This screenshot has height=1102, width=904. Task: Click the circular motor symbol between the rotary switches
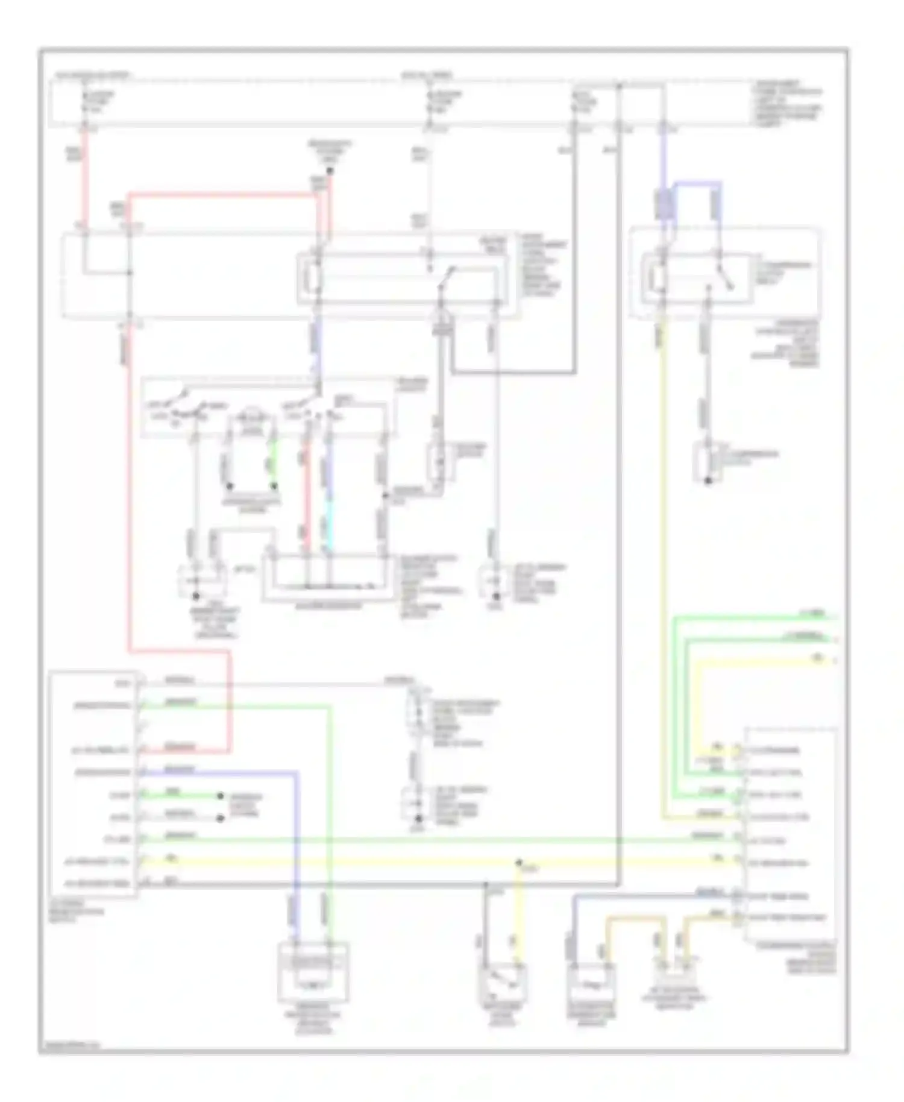point(251,416)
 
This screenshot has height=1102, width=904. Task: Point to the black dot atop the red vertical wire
point(330,171)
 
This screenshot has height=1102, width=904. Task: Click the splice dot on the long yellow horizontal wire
point(518,863)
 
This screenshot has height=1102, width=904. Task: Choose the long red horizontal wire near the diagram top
point(223,195)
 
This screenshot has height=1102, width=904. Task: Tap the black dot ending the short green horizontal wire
point(221,796)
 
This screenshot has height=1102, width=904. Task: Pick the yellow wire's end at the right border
point(834,660)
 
